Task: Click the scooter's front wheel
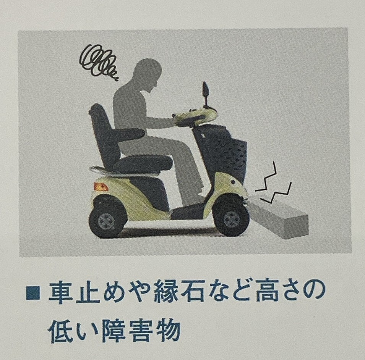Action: pos(231,218)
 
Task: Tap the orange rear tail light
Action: pos(101,187)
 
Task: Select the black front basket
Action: pos(225,153)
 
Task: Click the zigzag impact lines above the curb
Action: pos(274,184)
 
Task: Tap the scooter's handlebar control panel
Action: pos(197,116)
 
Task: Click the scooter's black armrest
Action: pos(129,133)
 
